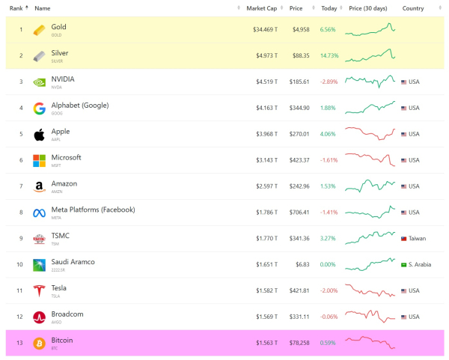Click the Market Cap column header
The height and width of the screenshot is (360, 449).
[261, 8]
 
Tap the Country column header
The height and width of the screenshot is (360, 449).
[413, 8]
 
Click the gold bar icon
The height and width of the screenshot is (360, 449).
[39, 30]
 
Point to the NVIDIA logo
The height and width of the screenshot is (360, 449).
[39, 82]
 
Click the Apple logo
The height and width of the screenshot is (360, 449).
[39, 135]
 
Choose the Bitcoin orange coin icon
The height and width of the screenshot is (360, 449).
[39, 344]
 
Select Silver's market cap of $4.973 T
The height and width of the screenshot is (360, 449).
[265, 56]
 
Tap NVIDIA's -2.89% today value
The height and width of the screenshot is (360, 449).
[329, 82]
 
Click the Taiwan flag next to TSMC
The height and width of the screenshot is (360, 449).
[404, 239]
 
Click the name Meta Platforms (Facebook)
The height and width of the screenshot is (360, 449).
[93, 210]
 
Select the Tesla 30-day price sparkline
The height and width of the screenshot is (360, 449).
[370, 290]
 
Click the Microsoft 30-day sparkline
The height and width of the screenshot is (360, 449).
[370, 159]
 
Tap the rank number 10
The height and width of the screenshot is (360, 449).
[21, 265]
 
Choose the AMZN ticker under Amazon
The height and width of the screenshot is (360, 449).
[58, 192]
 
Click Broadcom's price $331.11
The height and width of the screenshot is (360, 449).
[299, 317]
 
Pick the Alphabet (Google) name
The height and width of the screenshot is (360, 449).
[79, 106]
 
